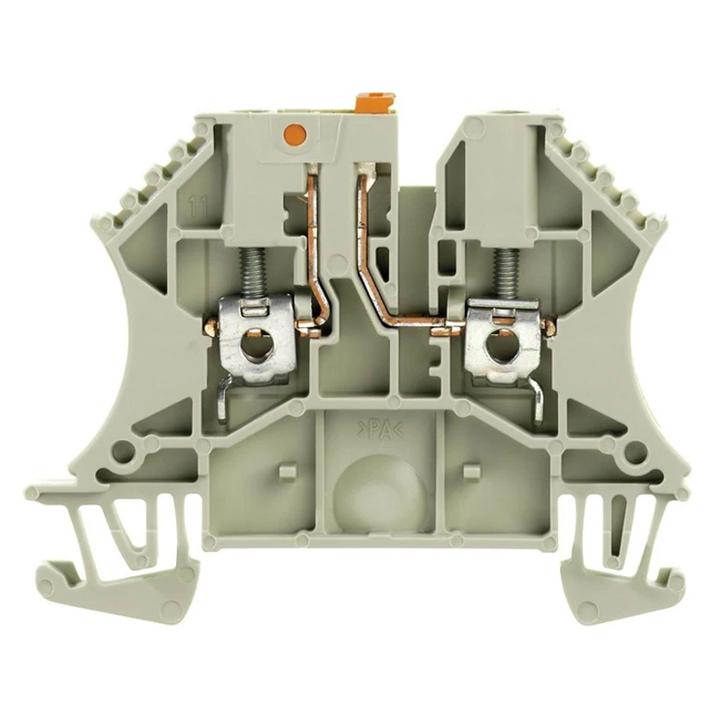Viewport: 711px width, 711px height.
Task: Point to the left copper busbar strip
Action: [313, 240]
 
